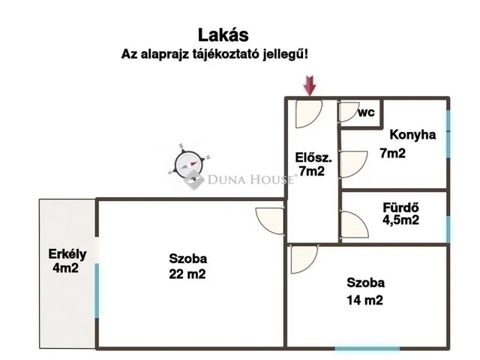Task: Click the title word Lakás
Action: coord(223,34)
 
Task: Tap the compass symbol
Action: coord(187,163)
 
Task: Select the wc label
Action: coord(366,112)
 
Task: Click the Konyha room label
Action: coord(412,135)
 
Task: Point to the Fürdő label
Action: coord(400,206)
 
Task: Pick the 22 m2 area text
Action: coord(188,274)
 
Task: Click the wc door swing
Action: coord(348,112)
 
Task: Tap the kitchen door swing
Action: coord(352,163)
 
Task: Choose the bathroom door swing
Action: coord(351,223)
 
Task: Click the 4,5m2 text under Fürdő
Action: coord(400,220)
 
